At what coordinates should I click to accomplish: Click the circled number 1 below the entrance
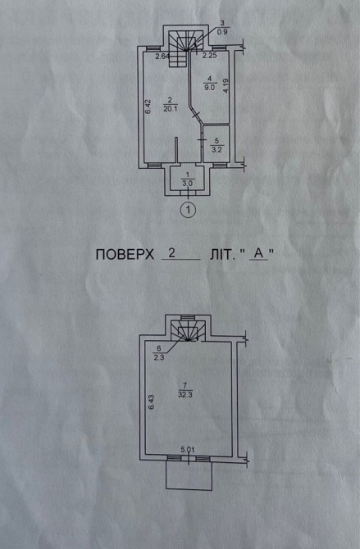189,210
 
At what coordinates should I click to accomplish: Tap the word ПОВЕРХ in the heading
125,255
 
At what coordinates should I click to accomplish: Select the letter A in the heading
258,254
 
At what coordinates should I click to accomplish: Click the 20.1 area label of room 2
170,109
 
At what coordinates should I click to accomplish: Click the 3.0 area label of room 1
187,183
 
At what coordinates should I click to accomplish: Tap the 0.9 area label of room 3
222,32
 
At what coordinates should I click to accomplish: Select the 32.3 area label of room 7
185,395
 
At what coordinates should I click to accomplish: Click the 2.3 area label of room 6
159,357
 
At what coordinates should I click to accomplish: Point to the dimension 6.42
148,107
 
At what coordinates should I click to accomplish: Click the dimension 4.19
226,85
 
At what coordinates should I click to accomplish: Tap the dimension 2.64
162,56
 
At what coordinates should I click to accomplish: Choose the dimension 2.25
210,55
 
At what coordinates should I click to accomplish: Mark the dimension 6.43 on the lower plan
151,402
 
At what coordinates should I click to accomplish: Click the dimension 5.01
187,449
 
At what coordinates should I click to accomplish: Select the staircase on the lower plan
189,331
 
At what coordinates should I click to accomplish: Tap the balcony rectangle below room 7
189,475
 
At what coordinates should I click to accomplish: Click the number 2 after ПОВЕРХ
171,253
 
